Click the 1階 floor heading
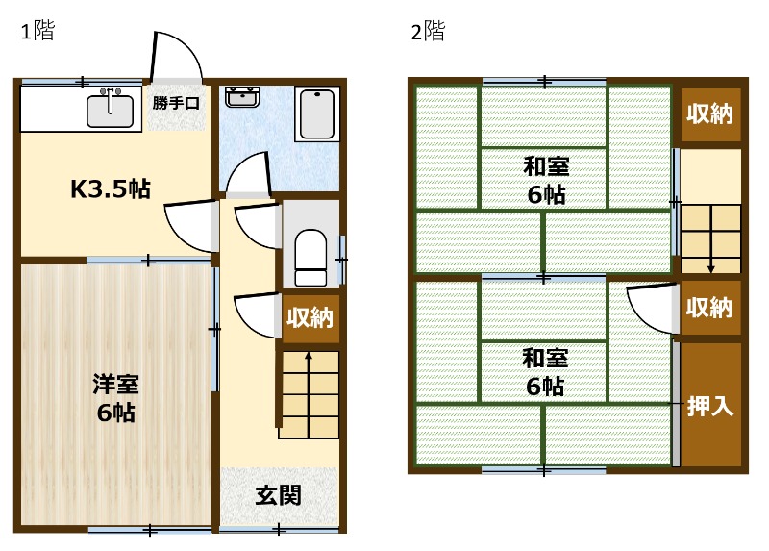click(37, 31)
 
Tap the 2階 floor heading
click(428, 32)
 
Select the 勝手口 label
click(176, 102)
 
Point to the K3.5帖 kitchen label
click(111, 188)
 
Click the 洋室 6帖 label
click(115, 399)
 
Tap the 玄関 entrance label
click(279, 495)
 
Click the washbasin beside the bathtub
click(242, 96)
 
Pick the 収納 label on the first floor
click(310, 318)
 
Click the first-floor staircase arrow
click(309, 385)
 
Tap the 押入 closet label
click(710, 405)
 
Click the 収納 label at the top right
click(710, 113)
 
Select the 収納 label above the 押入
click(710, 308)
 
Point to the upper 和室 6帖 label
click(545, 180)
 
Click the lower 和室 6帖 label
click(545, 372)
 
